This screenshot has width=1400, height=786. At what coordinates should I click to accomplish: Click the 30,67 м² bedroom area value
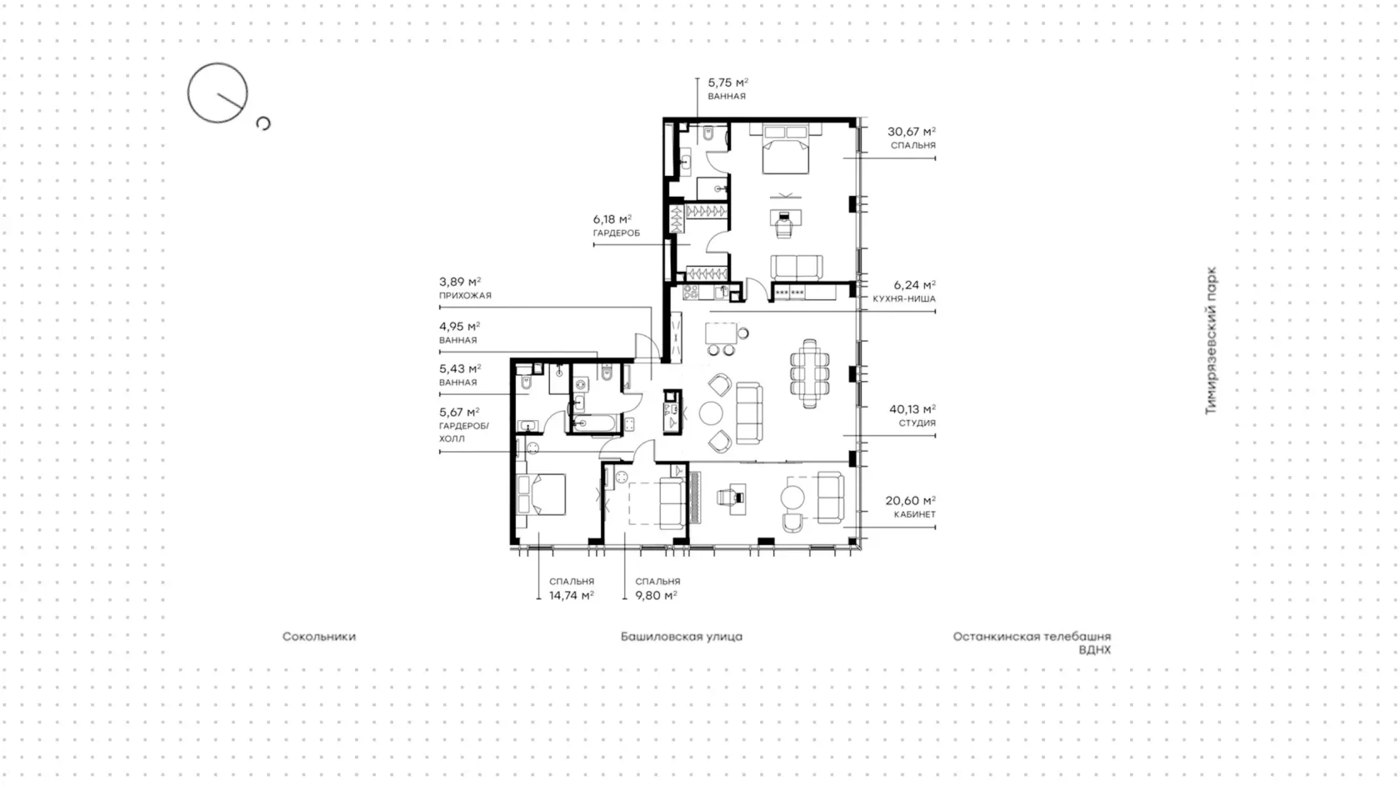click(x=912, y=132)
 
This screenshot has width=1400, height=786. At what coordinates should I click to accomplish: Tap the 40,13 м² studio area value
click(x=912, y=409)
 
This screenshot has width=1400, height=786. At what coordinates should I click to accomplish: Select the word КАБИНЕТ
click(x=914, y=514)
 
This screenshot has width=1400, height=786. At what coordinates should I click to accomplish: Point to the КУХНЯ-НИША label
click(x=904, y=299)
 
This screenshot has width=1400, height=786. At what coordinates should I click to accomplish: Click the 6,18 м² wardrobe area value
click(x=612, y=219)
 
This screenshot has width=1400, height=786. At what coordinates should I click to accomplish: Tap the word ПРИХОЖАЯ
click(x=465, y=296)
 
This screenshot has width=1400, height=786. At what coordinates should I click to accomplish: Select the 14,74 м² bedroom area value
click(x=572, y=596)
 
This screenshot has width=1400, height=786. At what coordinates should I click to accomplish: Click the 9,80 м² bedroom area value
click(x=657, y=596)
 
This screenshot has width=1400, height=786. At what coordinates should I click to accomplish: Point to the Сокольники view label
click(x=318, y=637)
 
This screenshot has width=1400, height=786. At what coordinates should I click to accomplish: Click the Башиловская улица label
click(x=682, y=637)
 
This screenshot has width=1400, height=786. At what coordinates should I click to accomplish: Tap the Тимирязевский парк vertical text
click(x=1212, y=341)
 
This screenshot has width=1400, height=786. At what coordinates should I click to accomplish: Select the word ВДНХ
click(x=1094, y=650)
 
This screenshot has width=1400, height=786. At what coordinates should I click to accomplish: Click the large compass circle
click(x=217, y=63)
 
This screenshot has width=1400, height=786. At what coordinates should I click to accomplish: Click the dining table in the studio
click(x=809, y=374)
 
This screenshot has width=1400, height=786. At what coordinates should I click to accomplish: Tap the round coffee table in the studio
click(x=711, y=413)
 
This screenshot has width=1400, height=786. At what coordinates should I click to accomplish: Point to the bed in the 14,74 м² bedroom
click(x=542, y=494)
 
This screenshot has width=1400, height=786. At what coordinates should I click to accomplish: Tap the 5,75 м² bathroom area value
click(x=727, y=83)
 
